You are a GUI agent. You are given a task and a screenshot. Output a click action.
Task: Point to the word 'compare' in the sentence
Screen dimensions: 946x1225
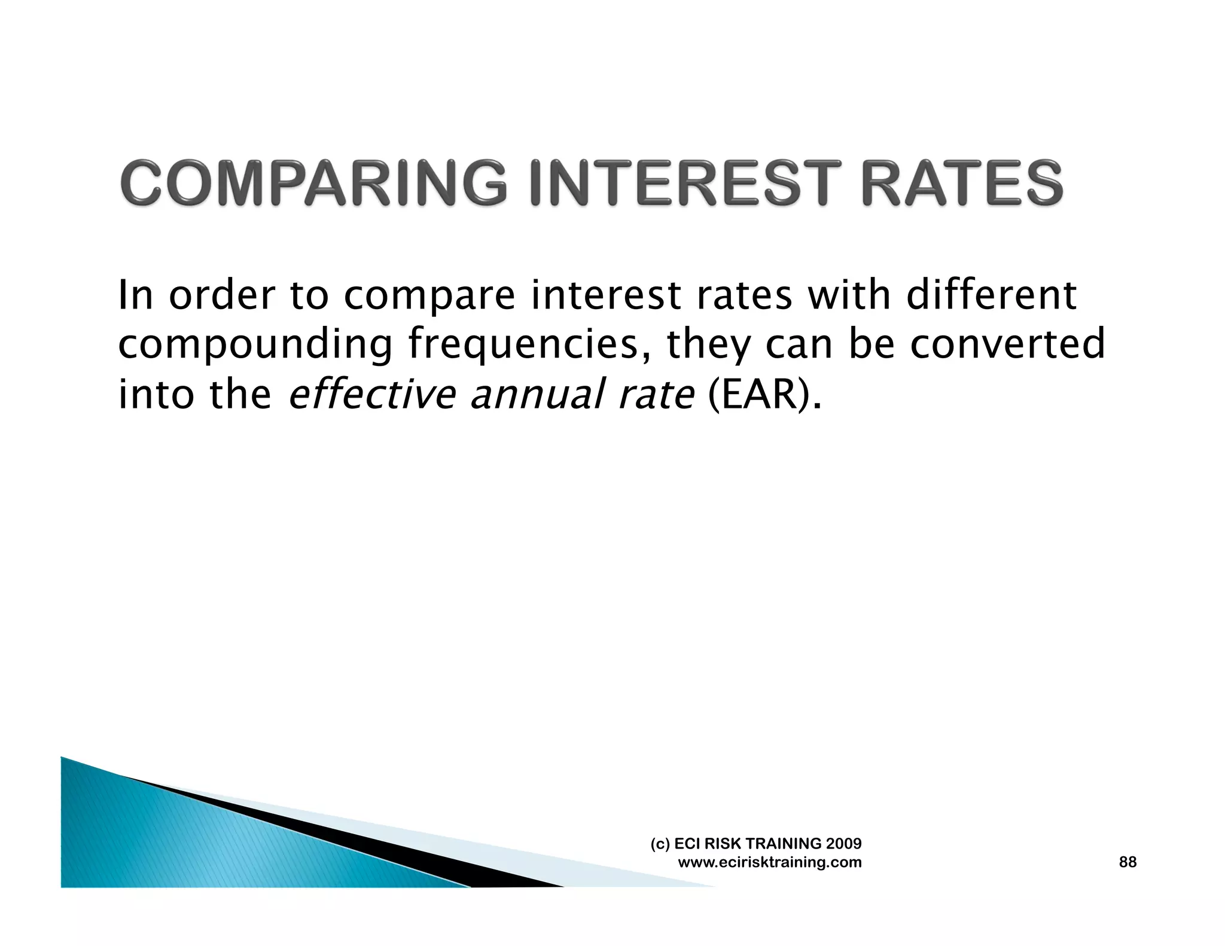click(x=429, y=296)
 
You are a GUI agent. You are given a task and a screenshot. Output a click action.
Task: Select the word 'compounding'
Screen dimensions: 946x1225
click(x=255, y=345)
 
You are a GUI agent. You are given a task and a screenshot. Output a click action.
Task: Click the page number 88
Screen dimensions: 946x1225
click(x=1127, y=862)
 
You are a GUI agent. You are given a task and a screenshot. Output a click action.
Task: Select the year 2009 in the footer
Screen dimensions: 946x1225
click(x=843, y=844)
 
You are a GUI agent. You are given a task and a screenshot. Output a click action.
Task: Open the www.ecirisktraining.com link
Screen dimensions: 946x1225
click(x=770, y=862)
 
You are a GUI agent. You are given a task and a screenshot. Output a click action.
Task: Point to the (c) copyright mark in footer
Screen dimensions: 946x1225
click(x=660, y=844)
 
